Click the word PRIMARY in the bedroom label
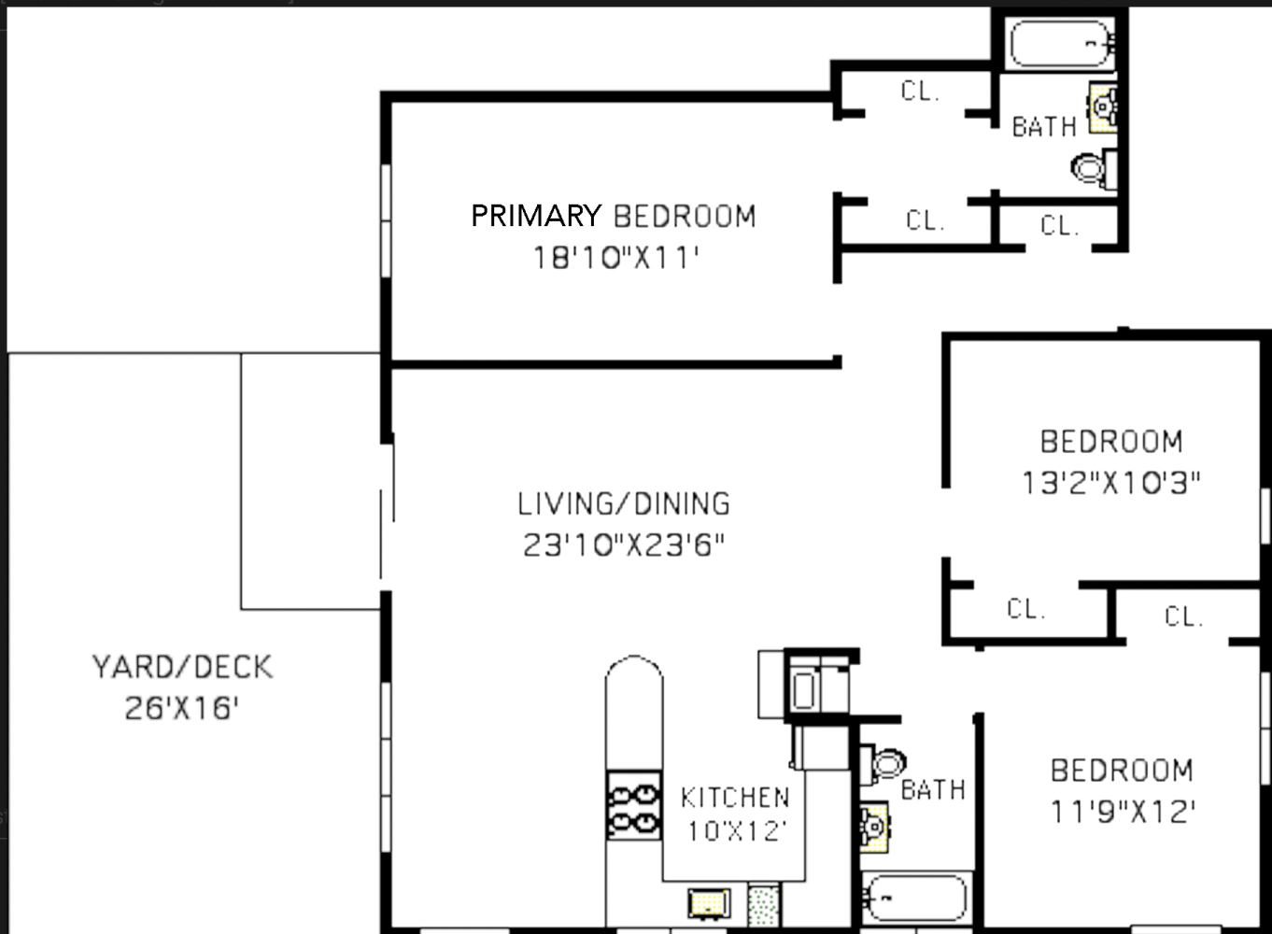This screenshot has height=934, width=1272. (x=535, y=216)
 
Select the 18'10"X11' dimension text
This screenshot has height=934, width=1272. (x=616, y=257)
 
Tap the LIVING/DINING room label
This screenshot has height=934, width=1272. (x=624, y=504)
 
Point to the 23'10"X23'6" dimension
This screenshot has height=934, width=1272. (x=624, y=545)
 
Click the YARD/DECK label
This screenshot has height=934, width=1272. (x=182, y=667)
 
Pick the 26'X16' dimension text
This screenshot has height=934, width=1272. (x=182, y=708)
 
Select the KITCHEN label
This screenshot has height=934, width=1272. (x=735, y=798)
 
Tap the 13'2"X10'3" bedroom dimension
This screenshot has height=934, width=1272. (x=1110, y=482)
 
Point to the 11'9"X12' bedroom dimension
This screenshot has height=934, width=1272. (x=1122, y=811)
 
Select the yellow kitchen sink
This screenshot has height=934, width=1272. (x=709, y=903)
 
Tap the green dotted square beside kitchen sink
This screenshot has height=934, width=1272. (x=763, y=905)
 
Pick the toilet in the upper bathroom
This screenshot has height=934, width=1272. (x=1090, y=168)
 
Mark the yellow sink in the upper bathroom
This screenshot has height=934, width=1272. (x=1103, y=107)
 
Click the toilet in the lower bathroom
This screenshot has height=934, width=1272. (x=886, y=762)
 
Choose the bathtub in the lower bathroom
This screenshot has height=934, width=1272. (x=915, y=899)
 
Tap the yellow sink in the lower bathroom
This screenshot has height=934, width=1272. (x=873, y=828)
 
